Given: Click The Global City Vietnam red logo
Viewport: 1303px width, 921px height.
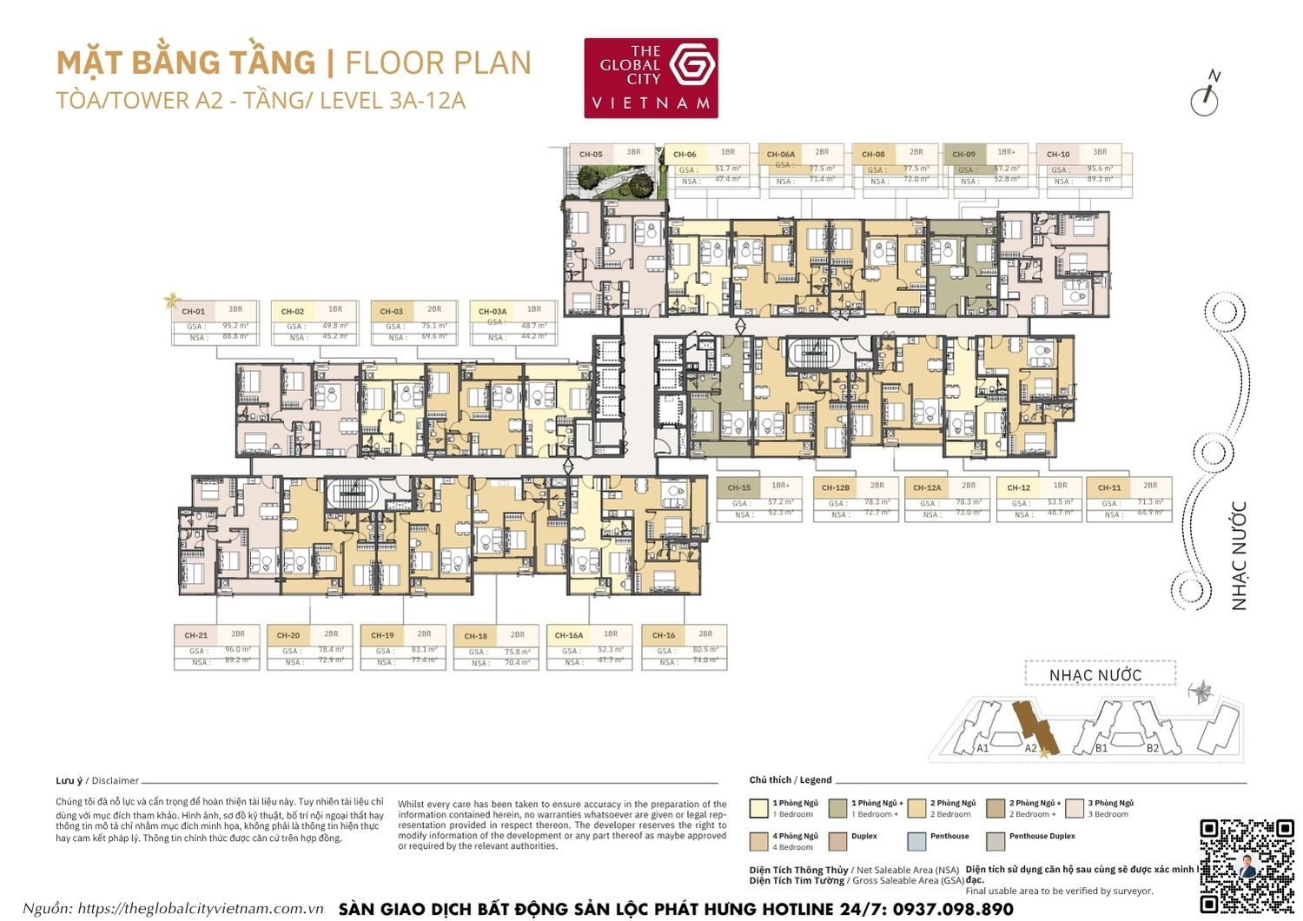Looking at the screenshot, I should (651, 77).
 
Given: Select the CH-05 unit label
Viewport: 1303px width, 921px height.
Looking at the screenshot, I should (591, 155).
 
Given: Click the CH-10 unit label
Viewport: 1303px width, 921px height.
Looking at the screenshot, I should (1058, 155).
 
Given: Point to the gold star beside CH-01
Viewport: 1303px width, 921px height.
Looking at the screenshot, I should (171, 301).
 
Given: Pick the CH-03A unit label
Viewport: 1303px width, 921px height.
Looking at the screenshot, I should (493, 311).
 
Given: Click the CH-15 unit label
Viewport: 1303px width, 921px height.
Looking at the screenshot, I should (739, 487).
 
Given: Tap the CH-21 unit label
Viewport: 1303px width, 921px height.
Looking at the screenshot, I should (196, 635).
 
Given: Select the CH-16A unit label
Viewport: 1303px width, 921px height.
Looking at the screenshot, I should (569, 635).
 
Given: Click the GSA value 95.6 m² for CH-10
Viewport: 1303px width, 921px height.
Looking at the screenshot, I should (1100, 169).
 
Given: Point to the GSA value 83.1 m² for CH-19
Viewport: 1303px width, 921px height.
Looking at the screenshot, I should (424, 650).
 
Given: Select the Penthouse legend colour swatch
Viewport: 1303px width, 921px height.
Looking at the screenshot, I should (916, 841).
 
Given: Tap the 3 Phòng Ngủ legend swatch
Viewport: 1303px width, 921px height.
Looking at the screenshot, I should (1074, 809).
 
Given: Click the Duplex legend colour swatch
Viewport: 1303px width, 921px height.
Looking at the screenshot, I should (837, 841).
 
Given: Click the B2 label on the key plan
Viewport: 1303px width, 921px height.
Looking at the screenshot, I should (1152, 747).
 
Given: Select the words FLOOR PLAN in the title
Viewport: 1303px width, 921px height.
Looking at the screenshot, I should (438, 63).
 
